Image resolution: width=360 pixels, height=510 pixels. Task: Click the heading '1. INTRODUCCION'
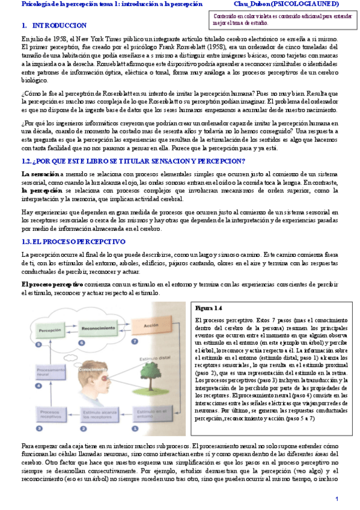point(53,26)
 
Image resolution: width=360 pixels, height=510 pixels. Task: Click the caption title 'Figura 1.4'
point(209,307)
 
